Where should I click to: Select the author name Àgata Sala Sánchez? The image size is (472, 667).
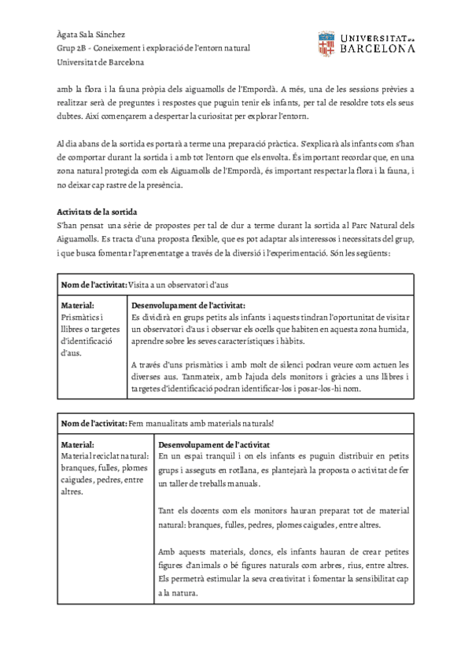[92, 35]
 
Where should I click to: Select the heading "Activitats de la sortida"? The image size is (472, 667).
[98, 212]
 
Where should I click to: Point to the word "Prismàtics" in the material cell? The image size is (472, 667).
[80, 317]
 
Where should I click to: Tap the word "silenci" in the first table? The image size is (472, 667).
[281, 364]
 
